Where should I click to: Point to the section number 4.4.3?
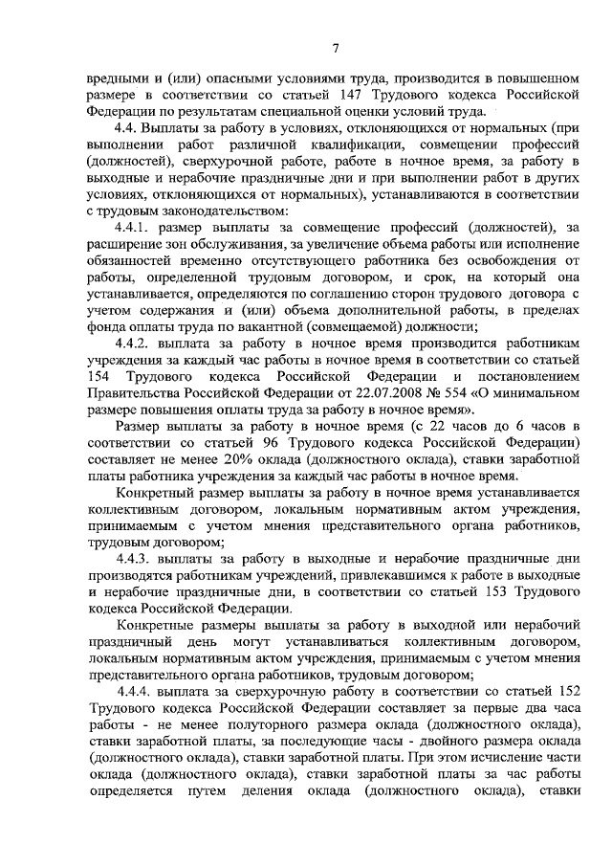coord(133,559)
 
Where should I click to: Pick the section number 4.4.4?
coord(134,693)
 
